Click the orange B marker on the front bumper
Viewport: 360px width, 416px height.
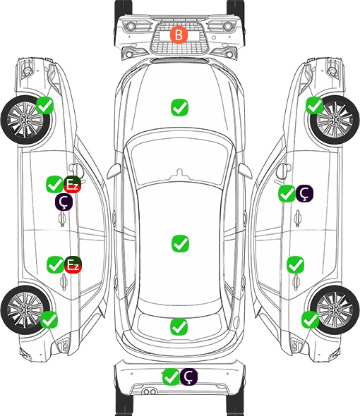click(x=179, y=35)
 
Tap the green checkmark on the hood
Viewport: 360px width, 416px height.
click(x=179, y=107)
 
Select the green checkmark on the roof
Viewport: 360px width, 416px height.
click(x=180, y=243)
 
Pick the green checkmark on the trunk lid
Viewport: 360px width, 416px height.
click(x=179, y=326)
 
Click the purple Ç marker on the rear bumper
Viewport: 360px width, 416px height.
click(x=188, y=377)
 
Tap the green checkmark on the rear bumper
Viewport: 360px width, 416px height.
click(x=171, y=377)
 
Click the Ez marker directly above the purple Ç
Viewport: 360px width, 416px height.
click(x=72, y=185)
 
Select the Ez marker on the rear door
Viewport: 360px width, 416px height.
click(x=73, y=265)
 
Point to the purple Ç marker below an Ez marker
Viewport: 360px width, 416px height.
click(x=64, y=202)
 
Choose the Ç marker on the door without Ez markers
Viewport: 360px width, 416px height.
click(x=304, y=193)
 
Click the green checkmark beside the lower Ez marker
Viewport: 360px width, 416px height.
click(x=55, y=264)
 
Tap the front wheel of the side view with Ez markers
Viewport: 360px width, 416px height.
click(x=26, y=120)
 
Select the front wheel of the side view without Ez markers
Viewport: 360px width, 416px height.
click(x=335, y=120)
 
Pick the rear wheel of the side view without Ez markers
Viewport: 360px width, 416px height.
click(x=335, y=310)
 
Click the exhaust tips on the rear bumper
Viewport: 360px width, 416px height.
click(x=150, y=391)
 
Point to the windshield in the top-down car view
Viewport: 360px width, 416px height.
click(x=180, y=159)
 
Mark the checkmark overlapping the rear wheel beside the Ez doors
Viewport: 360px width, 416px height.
click(x=49, y=319)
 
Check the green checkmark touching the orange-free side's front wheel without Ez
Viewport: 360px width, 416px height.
click(x=315, y=105)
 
